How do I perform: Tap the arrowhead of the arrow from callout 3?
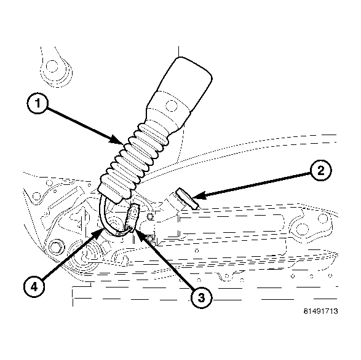[133, 230]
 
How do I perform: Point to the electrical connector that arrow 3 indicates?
[131, 218]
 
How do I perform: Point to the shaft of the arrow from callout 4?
[71, 258]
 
